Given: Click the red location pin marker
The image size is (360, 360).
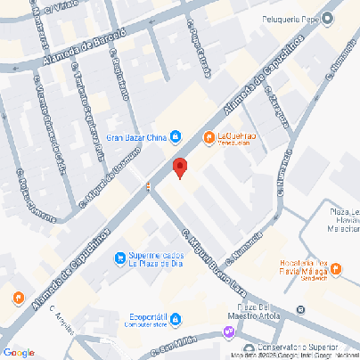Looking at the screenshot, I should tap(179, 168).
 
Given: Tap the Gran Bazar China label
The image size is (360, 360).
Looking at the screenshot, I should tap(136, 137).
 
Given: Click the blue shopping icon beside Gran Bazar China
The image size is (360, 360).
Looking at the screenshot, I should tap(176, 137).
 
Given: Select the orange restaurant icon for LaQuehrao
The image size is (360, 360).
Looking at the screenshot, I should tap(209, 137).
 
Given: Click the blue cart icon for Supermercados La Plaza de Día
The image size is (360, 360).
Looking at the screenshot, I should tap(120, 258).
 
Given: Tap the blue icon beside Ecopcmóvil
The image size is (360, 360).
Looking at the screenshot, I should tap(176, 318).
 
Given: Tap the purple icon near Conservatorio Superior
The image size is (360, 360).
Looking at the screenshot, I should tap(230, 332).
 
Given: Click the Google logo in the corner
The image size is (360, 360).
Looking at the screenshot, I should tap(19, 352).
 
